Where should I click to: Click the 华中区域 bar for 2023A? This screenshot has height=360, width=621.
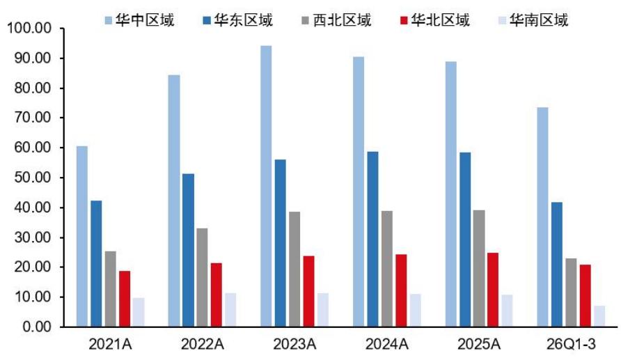coord(266,186)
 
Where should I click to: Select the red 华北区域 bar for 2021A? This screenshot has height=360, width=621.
coord(125,299)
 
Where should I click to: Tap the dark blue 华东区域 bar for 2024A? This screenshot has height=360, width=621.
coord(372,240)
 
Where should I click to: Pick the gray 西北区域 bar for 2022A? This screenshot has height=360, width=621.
coord(202,278)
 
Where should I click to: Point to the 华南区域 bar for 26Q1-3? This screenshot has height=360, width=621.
coord(599,316)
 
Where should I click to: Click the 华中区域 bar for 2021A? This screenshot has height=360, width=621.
coord(82,237)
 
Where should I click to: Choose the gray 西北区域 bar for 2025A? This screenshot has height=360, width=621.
coord(479,269)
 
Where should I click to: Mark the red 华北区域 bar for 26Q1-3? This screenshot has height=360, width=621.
coord(585,296)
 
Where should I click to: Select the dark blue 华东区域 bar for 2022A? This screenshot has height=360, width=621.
coord(188,250)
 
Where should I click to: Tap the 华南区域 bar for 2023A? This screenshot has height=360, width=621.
coord(323,310)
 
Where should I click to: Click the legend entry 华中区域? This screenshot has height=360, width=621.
coord(139,19)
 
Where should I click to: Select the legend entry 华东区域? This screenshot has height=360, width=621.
coord(237,19)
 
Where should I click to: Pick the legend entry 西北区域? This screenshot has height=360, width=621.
coord(336,19)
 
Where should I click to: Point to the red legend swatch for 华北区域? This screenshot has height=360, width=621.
coord(404,20)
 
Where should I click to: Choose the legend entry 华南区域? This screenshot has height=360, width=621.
coord(533,19)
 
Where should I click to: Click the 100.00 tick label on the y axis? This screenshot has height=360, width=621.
coord(29,28)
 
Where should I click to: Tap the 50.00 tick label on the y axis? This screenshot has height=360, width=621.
coord(33,178)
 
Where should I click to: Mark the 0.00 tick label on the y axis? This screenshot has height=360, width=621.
coord(37,327)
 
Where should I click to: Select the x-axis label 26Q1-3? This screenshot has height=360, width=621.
coord(571,344)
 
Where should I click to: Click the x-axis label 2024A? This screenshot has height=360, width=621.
coord(386,344)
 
